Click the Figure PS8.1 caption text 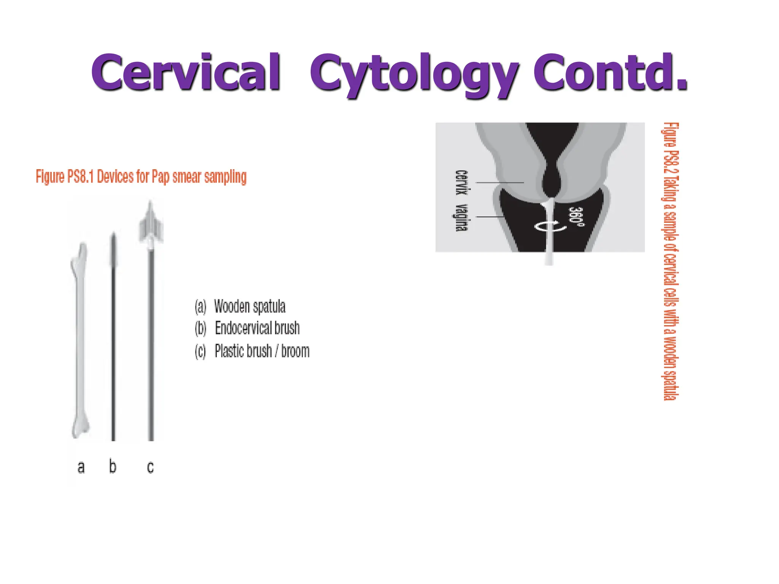[x=141, y=177]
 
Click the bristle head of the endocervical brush [x=113, y=251]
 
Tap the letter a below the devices [x=81, y=467]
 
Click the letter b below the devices [x=113, y=466]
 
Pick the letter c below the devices [x=150, y=467]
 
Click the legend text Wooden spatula [x=250, y=306]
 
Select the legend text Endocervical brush [x=257, y=328]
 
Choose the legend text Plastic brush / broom [x=262, y=351]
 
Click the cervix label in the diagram [x=461, y=182]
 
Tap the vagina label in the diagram [x=461, y=217]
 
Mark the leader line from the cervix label [x=500, y=182]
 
